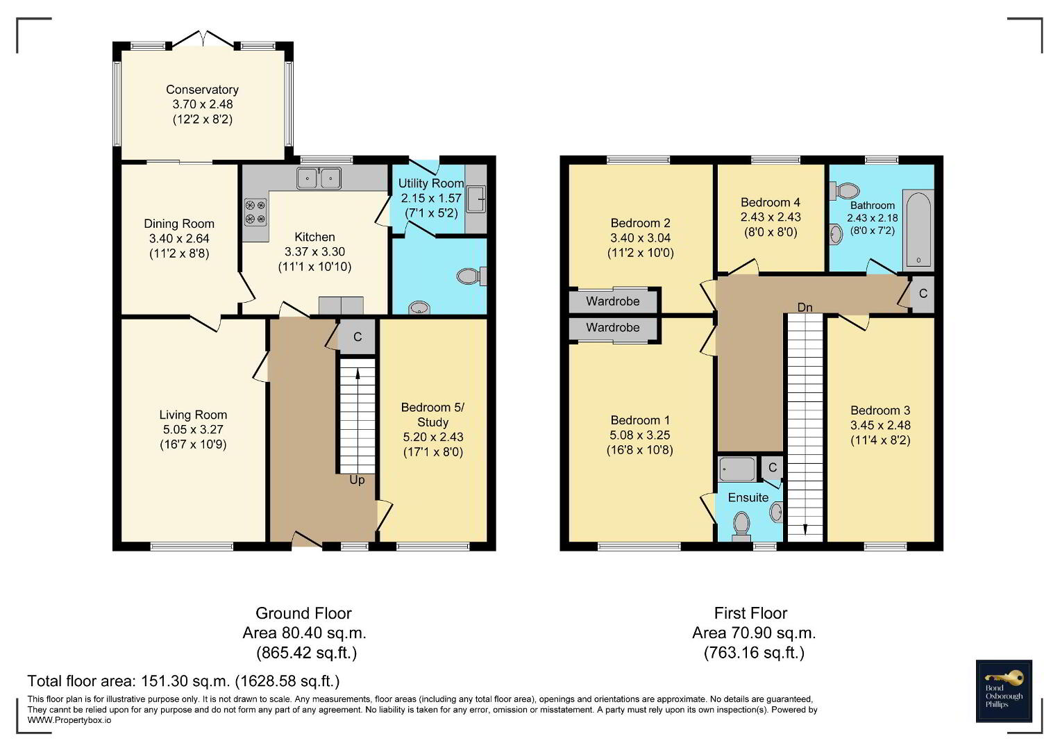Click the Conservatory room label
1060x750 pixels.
[x=202, y=90]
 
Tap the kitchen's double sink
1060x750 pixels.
[x=319, y=178]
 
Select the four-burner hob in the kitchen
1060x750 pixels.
[x=255, y=212]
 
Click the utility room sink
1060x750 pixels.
[x=476, y=199]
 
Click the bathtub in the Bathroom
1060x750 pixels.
[x=918, y=230]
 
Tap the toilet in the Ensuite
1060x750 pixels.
[x=741, y=528]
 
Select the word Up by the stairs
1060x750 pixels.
[x=357, y=480]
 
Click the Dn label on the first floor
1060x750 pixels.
[x=805, y=307]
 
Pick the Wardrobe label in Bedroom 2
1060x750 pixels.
[x=613, y=301]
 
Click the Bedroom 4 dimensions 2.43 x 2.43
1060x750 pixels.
[x=771, y=217]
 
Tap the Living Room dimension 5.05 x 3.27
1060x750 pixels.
[x=193, y=429]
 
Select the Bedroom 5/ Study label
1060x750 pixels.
[x=432, y=415]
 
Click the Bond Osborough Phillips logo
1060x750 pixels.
[x=1004, y=691]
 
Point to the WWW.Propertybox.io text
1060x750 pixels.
[x=69, y=720]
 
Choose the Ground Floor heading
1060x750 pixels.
[x=303, y=613]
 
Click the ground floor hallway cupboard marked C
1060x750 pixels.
[x=357, y=337]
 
